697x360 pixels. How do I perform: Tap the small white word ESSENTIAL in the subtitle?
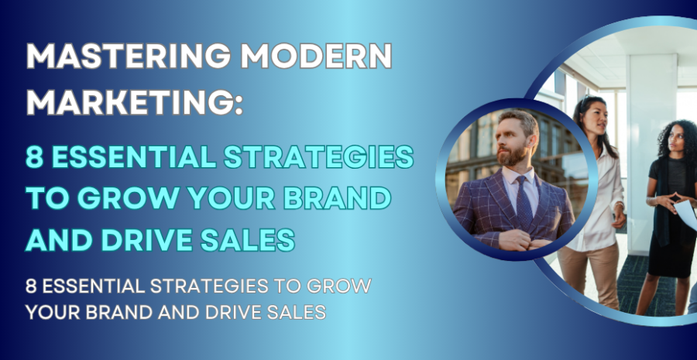88,286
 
